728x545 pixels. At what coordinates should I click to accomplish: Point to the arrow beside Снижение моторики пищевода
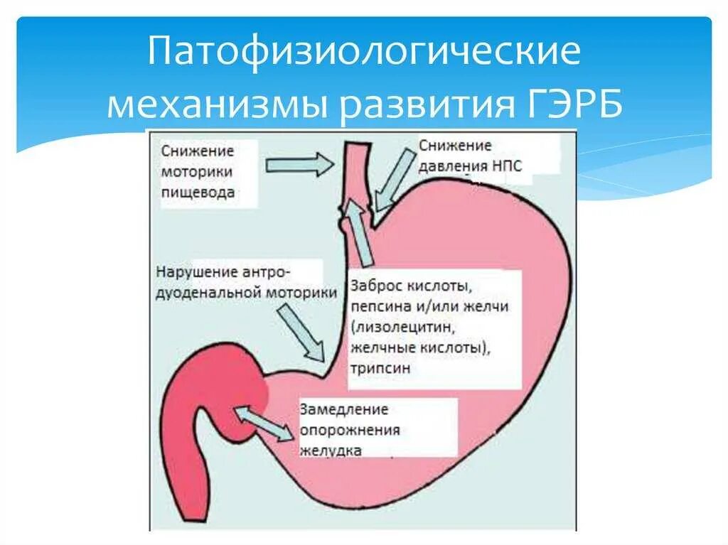(x=298, y=166)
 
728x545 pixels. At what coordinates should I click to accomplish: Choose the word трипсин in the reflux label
(x=380, y=369)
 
